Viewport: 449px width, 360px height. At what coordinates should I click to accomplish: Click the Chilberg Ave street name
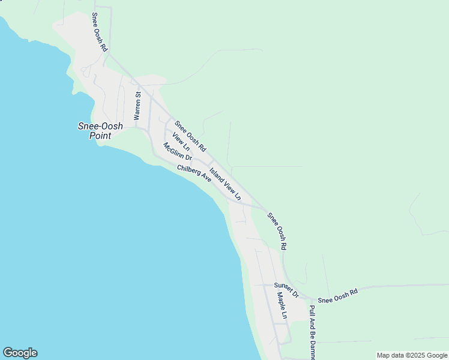tap(194, 174)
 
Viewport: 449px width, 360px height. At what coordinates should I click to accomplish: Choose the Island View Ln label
tap(225, 184)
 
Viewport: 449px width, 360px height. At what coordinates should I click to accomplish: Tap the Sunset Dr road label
tap(286, 289)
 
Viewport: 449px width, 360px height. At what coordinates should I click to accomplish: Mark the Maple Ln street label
tap(282, 305)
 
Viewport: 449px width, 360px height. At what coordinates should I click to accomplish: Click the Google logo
tap(20, 353)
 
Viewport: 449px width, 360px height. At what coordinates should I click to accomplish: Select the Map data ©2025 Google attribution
tap(412, 355)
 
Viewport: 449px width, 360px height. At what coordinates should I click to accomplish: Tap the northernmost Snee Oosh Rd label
tap(99, 32)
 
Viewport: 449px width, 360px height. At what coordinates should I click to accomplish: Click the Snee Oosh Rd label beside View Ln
tap(190, 136)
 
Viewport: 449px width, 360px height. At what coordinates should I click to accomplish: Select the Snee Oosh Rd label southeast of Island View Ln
tap(277, 231)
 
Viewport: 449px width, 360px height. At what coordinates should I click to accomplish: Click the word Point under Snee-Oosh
tap(101, 136)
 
